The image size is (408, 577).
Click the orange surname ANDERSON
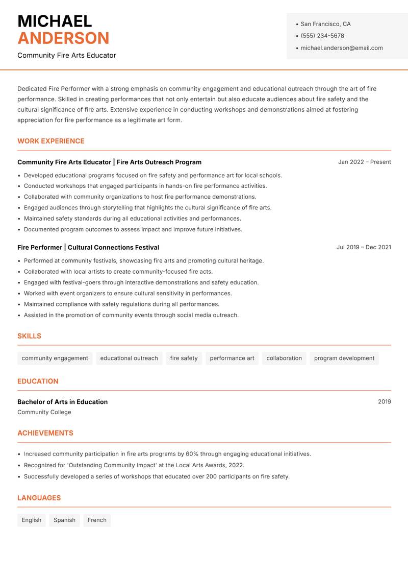(63, 38)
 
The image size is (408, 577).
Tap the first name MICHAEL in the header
(55, 21)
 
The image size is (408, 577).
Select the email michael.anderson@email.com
(341, 48)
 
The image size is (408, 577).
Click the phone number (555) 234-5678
(322, 36)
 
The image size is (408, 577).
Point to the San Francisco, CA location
(325, 24)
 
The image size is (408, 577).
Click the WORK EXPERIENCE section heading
(51, 141)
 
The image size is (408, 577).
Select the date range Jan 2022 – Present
(364, 162)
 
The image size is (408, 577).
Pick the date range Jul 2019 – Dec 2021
(364, 247)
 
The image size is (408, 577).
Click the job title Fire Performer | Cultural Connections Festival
(88, 247)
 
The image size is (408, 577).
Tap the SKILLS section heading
(29, 336)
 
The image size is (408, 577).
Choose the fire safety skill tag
(184, 358)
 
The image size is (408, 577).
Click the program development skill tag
(344, 358)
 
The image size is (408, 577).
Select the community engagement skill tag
(55, 358)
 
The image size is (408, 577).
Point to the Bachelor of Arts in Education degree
(62, 402)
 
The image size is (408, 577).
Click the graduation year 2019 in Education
(384, 402)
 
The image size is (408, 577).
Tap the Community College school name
(44, 412)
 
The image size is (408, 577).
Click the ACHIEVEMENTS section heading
(45, 433)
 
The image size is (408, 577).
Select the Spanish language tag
(64, 520)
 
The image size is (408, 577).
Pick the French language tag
(97, 520)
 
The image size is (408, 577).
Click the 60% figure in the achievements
(192, 453)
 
